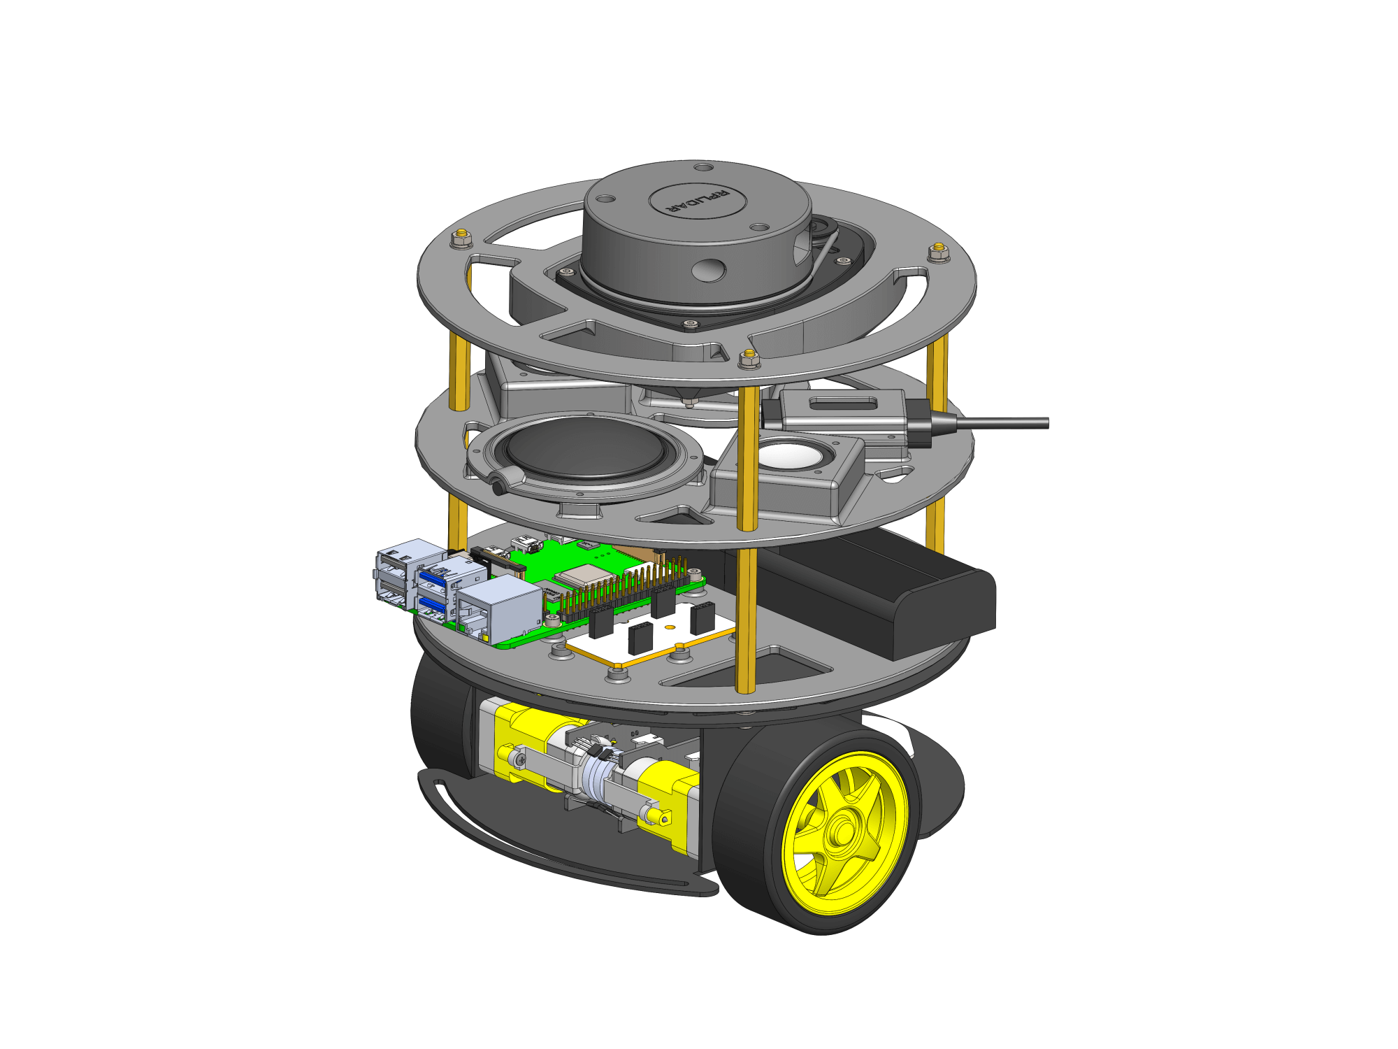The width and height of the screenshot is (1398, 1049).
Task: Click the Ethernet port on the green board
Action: [498, 615]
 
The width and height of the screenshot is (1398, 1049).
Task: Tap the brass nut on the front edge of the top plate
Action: [749, 359]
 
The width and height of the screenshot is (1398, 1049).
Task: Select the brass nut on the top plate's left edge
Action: [461, 238]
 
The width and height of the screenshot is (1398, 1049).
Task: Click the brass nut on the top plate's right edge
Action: [938, 252]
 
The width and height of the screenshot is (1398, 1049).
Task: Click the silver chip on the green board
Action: [577, 576]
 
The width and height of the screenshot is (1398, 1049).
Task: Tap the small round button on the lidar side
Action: [710, 270]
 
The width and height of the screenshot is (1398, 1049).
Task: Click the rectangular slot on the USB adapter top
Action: [843, 404]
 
